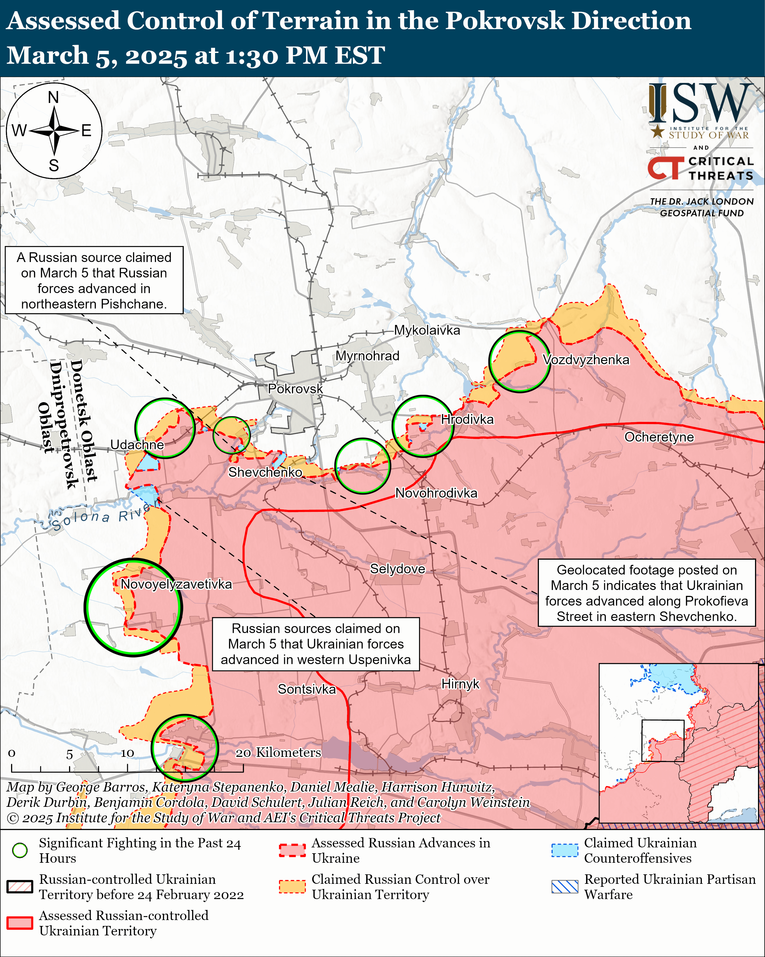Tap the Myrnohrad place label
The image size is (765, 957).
pyautogui.click(x=367, y=356)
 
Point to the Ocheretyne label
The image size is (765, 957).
pyautogui.click(x=659, y=437)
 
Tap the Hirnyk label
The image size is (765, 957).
pyautogui.click(x=460, y=684)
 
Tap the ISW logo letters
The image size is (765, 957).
pyautogui.click(x=701, y=104)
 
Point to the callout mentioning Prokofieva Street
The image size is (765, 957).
pyautogui.click(x=646, y=593)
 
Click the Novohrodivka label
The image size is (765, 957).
pyautogui.click(x=436, y=493)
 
